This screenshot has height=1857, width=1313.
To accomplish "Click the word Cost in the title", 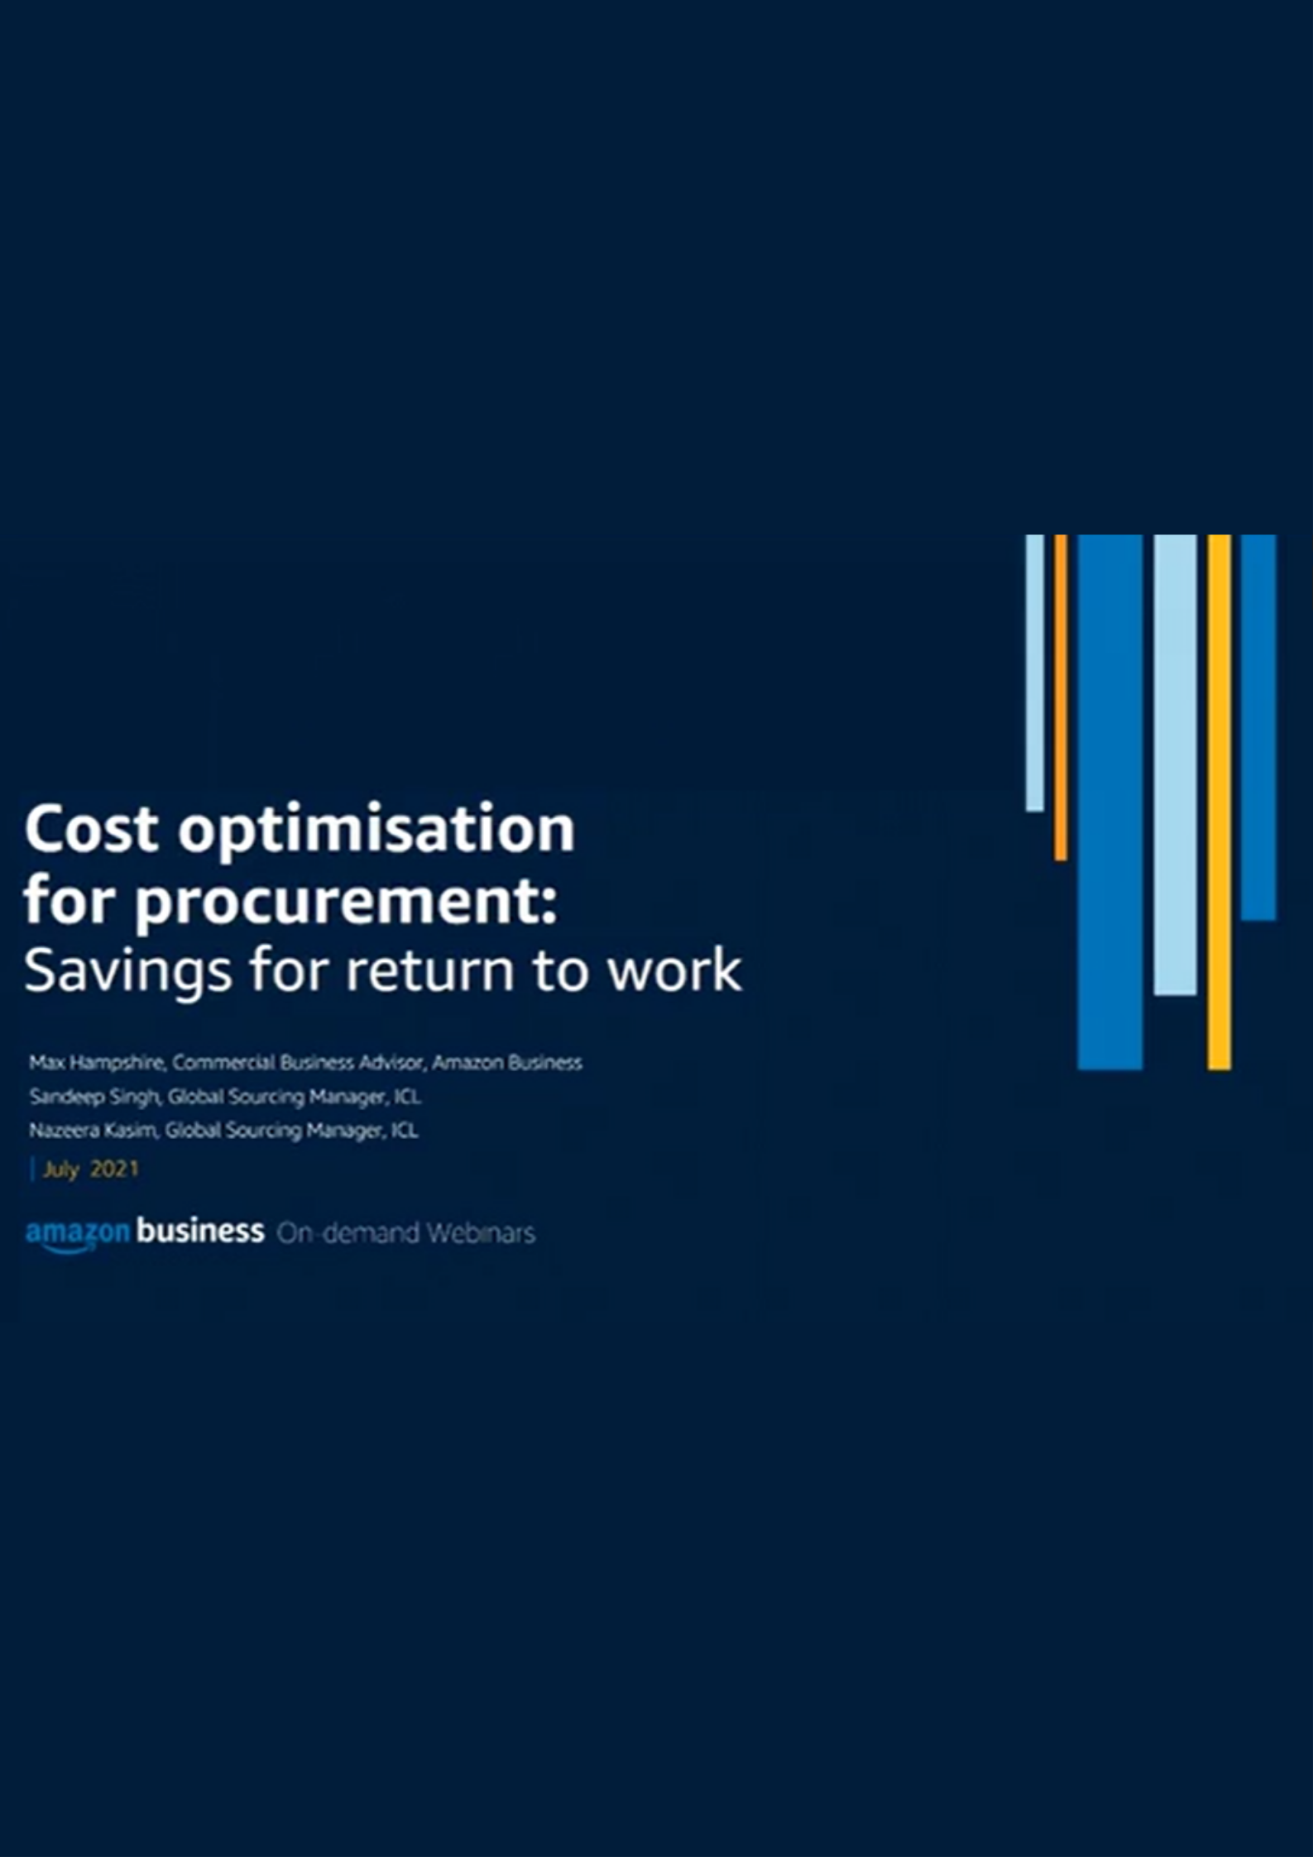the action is [91, 828].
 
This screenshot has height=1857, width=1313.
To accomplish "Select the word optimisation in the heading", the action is [376, 830].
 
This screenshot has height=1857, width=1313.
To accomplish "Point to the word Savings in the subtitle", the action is [128, 971].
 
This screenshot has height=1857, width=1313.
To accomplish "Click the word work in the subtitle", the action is [674, 969].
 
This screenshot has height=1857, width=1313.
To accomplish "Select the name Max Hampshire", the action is [98, 1063].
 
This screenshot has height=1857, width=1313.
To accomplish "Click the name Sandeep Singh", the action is [94, 1097].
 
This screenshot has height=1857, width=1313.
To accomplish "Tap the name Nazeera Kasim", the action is [93, 1130].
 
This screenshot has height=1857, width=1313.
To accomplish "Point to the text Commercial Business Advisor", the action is [298, 1062].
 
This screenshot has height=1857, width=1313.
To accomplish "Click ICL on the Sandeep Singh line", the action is [407, 1097].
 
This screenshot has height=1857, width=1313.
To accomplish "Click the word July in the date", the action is [60, 1170].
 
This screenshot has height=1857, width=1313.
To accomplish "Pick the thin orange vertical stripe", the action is [1061, 697].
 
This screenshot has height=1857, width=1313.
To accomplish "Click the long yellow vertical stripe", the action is [1219, 802].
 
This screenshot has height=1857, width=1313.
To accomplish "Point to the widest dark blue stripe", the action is [1110, 802].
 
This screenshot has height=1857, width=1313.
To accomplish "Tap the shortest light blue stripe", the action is [1034, 672].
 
